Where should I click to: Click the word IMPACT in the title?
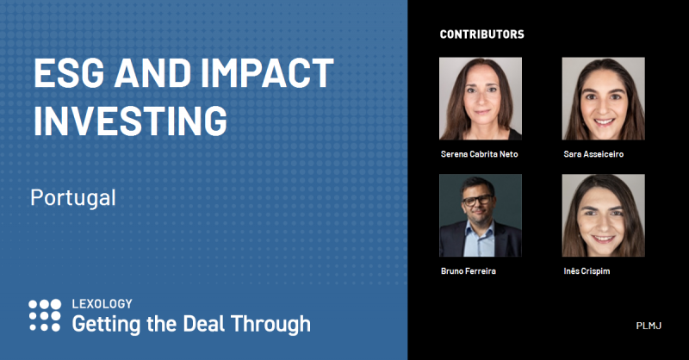(x=267, y=73)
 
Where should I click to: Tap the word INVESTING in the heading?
(x=131, y=120)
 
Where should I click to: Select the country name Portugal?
(x=73, y=198)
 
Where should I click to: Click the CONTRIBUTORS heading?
(x=482, y=34)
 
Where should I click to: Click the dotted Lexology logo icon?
(x=45, y=315)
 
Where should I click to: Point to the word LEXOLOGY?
(x=102, y=304)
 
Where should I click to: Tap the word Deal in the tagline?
(x=204, y=324)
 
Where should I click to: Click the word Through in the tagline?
(x=270, y=325)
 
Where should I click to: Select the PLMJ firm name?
(x=649, y=326)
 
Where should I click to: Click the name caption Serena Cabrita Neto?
(x=480, y=154)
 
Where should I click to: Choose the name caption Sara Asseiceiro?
(x=593, y=154)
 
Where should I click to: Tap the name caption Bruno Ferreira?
(x=469, y=271)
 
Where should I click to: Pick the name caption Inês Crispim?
(x=587, y=271)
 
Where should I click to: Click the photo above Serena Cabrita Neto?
(x=481, y=98)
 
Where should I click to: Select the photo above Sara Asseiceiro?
(x=604, y=98)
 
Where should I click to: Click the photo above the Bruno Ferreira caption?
(x=481, y=215)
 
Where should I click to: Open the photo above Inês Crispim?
(x=604, y=215)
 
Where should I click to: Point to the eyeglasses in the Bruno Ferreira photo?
(x=478, y=201)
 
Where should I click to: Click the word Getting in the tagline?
(x=106, y=325)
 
